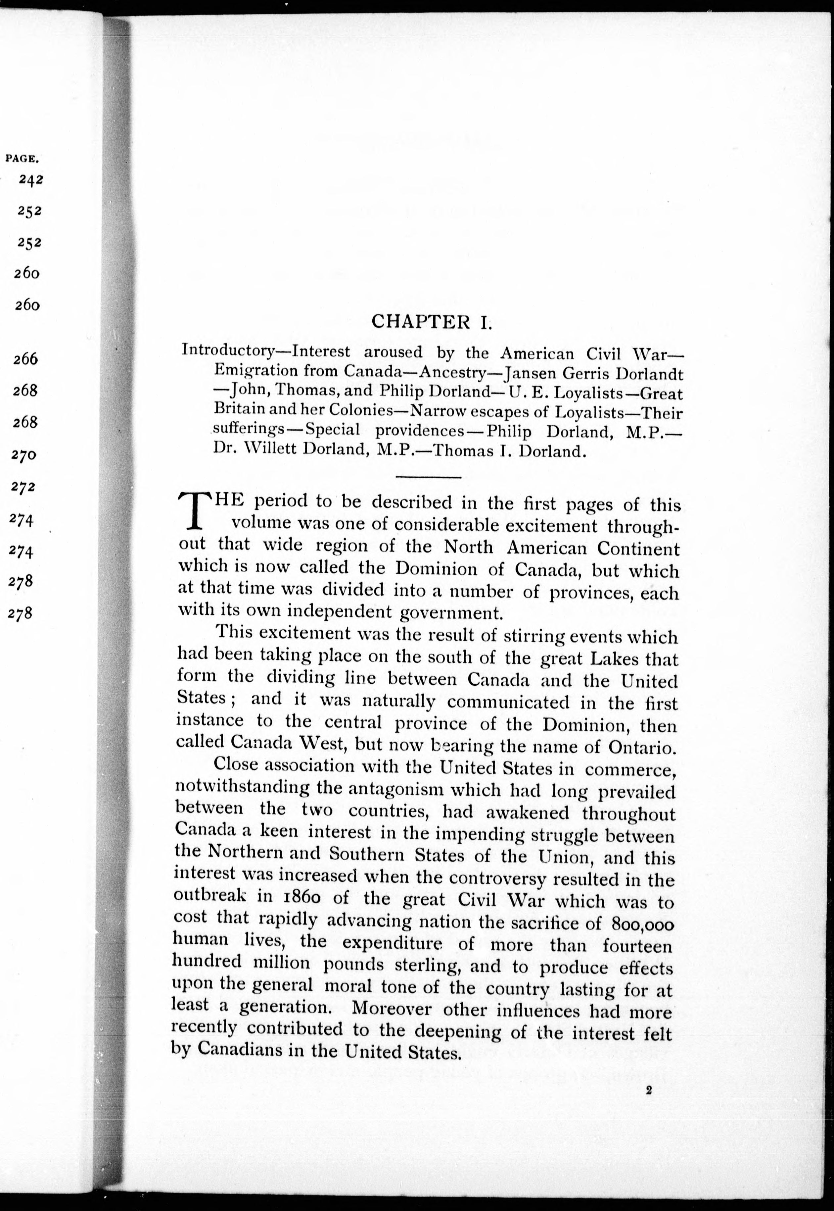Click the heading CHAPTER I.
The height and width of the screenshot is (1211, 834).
[x=431, y=322]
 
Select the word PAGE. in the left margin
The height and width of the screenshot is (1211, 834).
[x=23, y=157]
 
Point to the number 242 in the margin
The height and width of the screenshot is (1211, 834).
[x=31, y=179]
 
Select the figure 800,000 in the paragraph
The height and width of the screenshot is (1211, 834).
[x=642, y=924]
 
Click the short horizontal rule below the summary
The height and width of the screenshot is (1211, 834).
[x=429, y=477]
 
